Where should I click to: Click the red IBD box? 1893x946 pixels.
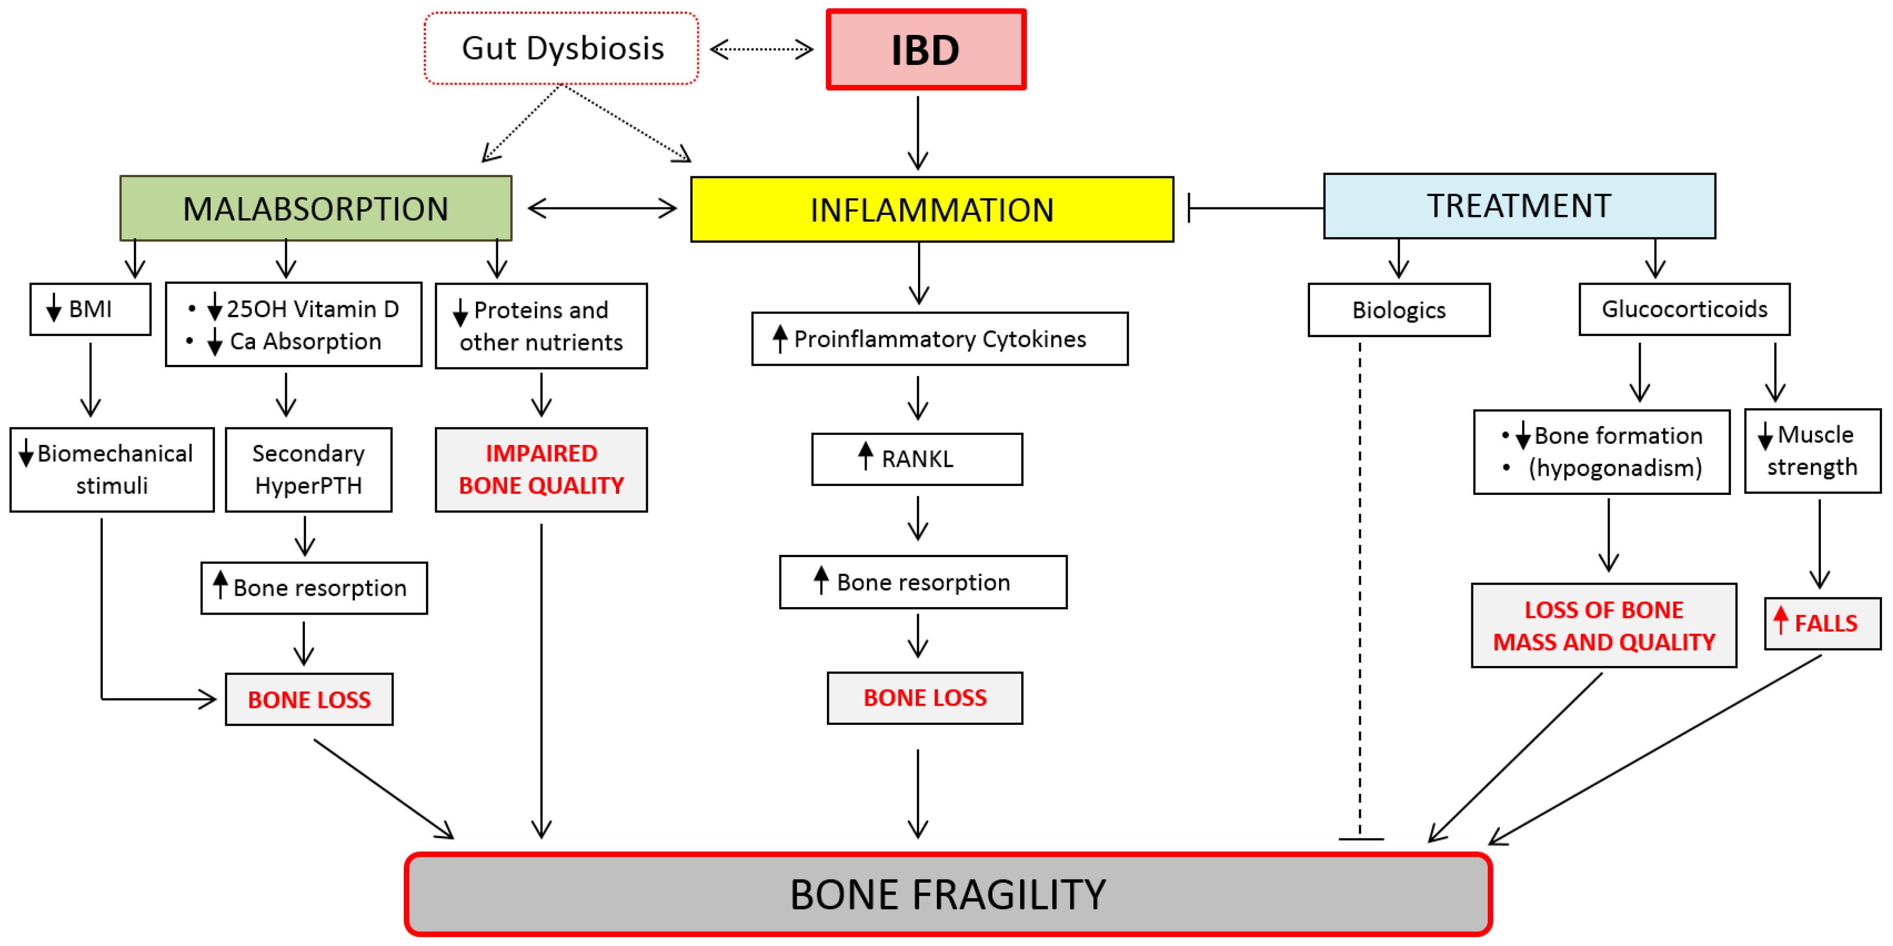(x=926, y=49)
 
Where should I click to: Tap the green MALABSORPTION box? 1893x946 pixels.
(x=316, y=208)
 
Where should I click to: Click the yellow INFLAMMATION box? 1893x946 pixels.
(x=932, y=209)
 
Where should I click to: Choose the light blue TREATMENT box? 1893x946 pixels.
(x=1519, y=206)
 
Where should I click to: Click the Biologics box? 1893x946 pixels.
(x=1399, y=310)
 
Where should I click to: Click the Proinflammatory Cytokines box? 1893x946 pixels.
(x=940, y=339)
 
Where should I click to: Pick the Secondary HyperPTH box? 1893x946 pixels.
(x=309, y=469)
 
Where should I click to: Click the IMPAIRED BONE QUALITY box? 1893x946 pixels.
(x=541, y=469)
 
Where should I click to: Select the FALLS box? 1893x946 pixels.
(x=1822, y=623)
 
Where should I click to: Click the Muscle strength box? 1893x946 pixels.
(x=1813, y=451)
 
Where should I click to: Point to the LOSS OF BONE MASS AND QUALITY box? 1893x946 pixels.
(x=1604, y=625)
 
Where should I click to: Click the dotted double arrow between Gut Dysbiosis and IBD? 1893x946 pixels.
(x=762, y=49)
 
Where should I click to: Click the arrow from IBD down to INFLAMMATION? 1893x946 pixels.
(x=918, y=133)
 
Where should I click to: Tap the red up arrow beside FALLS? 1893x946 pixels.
(x=1780, y=620)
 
